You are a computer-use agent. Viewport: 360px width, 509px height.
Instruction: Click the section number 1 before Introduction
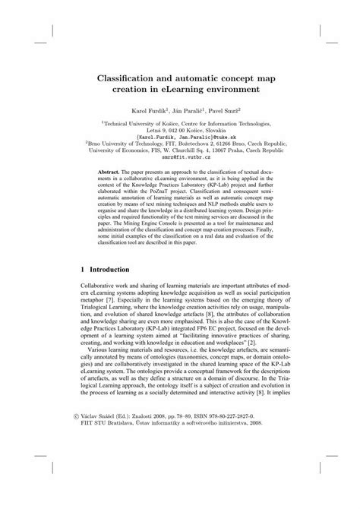pos(82,269)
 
